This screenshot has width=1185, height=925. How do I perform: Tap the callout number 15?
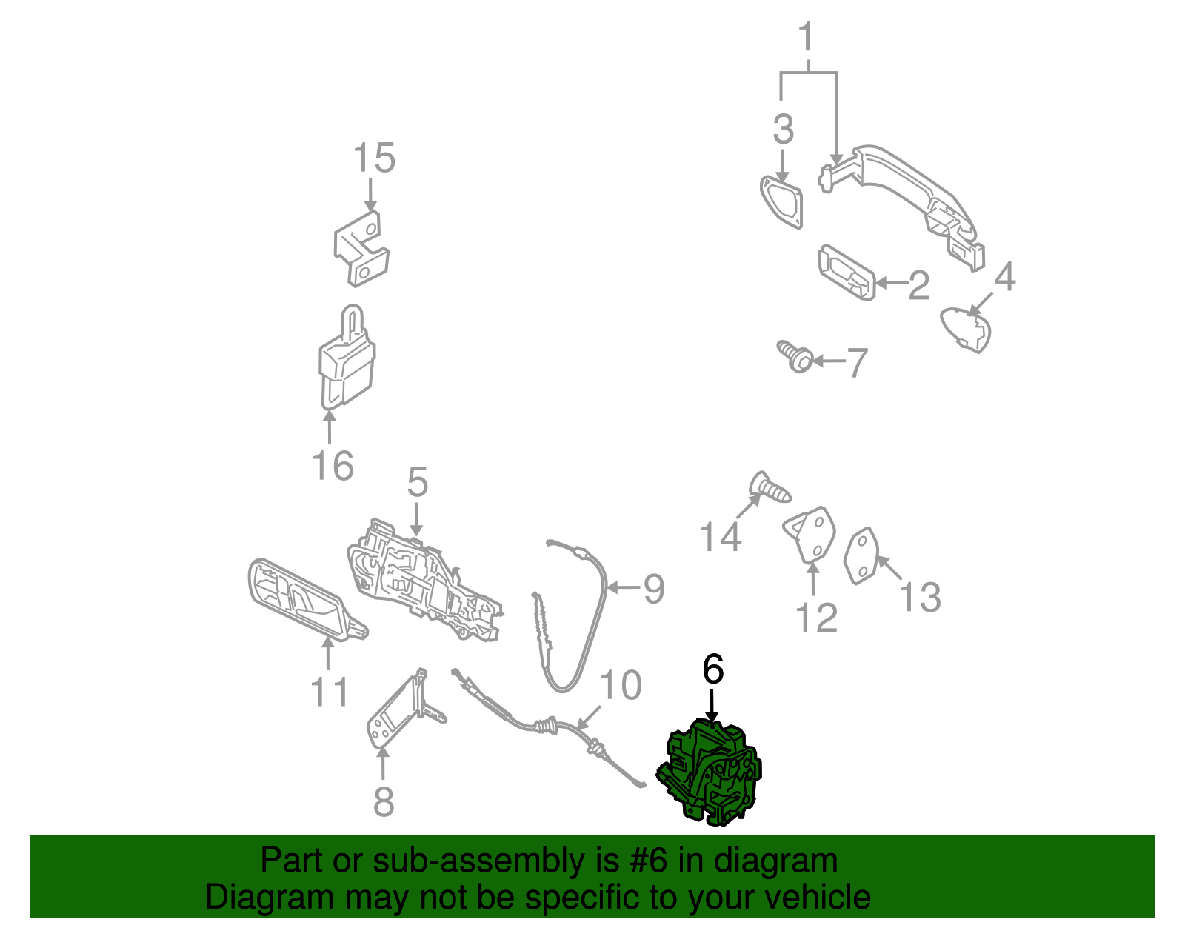click(373, 158)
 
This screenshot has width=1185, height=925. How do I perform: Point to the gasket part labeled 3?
click(781, 199)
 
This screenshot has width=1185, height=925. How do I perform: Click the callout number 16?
click(333, 466)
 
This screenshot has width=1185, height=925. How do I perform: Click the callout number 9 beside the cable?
click(653, 589)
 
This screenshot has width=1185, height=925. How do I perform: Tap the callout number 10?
click(620, 686)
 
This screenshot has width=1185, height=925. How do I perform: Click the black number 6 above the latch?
click(712, 669)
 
